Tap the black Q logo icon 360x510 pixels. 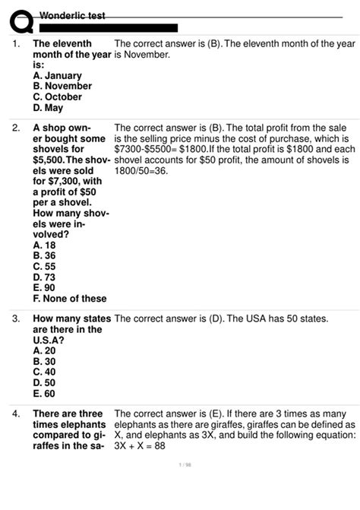(x=17, y=20)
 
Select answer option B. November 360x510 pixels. (x=62, y=87)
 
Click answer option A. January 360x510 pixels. (x=58, y=76)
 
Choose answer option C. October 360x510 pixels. (x=59, y=97)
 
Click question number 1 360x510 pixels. (x=16, y=44)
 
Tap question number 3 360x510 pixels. (x=16, y=319)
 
